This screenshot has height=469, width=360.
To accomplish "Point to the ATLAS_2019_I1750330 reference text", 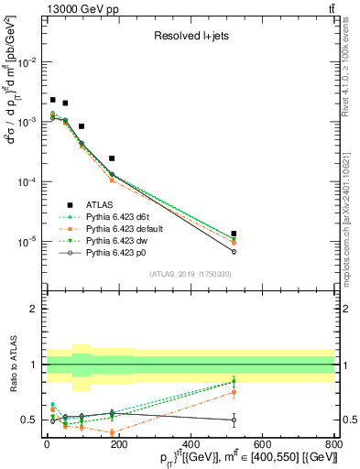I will pos(190,274).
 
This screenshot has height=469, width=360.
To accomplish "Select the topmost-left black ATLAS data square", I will pos(53,100).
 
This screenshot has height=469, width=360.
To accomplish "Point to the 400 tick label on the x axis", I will pos(190,444).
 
